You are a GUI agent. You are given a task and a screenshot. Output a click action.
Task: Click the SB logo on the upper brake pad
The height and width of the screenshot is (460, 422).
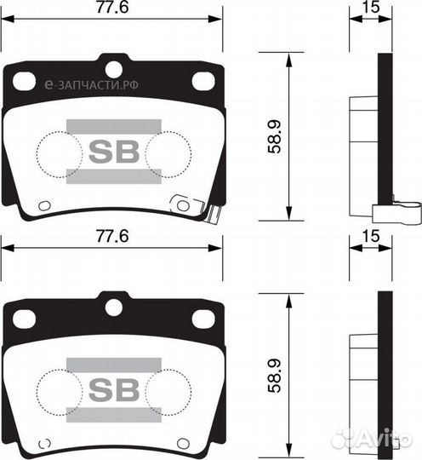pos(112,152)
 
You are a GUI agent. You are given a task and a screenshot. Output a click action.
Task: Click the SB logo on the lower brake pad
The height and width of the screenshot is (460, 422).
pos(112,389)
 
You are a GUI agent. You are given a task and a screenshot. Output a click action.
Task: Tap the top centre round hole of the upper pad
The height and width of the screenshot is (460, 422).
pos(112,68)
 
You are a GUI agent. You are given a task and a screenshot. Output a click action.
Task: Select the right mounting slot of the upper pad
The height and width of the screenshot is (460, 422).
pos(202,81)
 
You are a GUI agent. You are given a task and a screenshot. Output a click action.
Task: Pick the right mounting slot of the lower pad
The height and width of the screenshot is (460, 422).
pos(202,319)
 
